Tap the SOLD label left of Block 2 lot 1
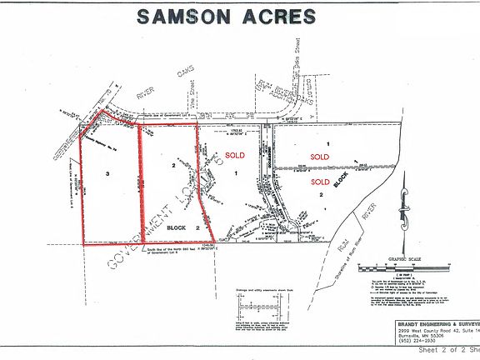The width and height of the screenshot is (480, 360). pyautogui.click(x=236, y=155)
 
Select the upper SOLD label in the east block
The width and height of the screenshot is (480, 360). pyautogui.click(x=320, y=157)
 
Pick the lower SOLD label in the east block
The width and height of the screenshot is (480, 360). pyautogui.click(x=320, y=180)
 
